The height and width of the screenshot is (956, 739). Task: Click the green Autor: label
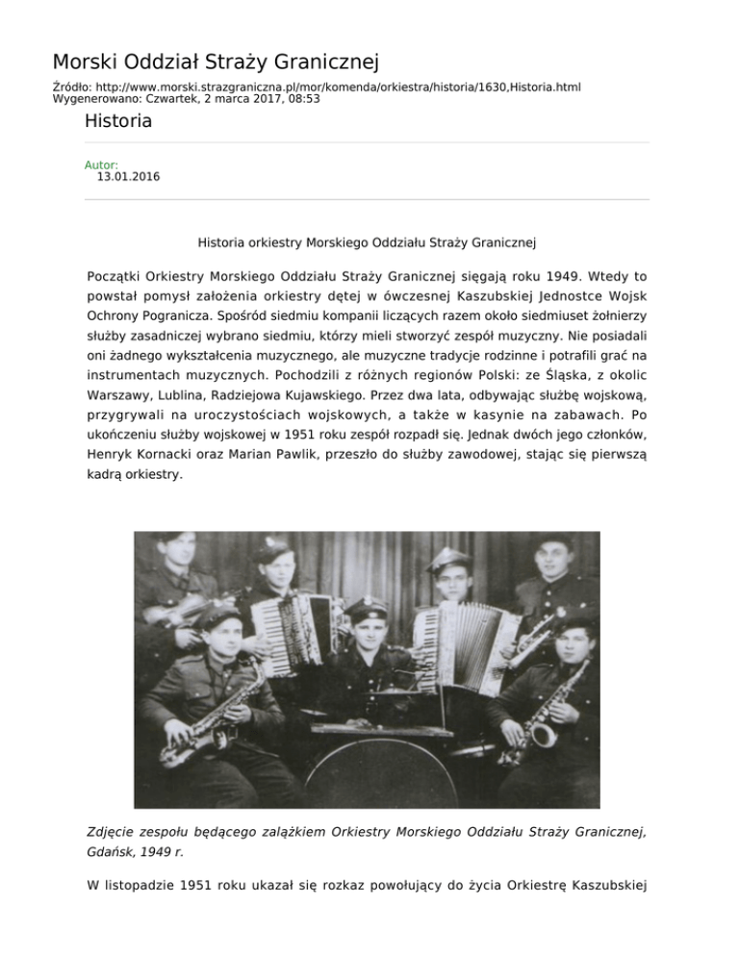tap(101, 165)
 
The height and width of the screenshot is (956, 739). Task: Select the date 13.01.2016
tap(128, 177)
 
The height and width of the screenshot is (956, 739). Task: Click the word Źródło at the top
tap(71, 87)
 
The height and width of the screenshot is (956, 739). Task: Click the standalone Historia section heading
tap(117, 122)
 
